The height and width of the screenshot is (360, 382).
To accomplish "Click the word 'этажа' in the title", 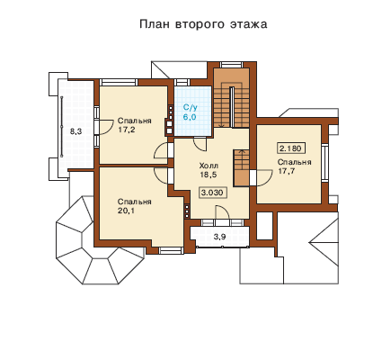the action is click(x=248, y=24).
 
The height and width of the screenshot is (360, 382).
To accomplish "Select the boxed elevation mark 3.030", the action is click(x=212, y=193).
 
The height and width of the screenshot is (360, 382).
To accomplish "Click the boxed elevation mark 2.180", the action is click(x=291, y=148).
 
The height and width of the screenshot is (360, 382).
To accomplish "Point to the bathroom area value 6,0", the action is click(x=190, y=116).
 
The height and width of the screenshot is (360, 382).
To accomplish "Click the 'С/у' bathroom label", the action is click(x=190, y=108).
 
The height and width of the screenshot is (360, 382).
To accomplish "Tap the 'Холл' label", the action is click(x=209, y=166).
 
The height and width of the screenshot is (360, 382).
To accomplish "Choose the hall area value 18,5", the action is click(x=209, y=175).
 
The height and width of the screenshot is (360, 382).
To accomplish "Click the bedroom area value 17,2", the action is click(x=126, y=130).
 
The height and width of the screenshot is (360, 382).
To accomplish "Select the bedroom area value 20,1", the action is click(x=126, y=211).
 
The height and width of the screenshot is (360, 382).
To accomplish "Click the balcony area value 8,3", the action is click(x=76, y=131).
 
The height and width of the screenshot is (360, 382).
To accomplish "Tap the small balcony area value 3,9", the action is click(x=219, y=237).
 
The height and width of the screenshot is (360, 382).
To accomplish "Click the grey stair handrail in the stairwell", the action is click(x=232, y=107).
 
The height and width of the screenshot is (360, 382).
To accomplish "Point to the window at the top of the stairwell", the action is click(x=231, y=65).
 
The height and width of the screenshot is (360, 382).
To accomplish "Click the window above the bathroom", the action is click(x=182, y=82).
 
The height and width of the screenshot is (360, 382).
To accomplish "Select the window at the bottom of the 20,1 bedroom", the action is click(x=171, y=250).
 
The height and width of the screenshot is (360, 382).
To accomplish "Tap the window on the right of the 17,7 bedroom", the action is click(x=324, y=163).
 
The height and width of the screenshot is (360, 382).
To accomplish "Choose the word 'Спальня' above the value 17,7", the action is click(x=294, y=162).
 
